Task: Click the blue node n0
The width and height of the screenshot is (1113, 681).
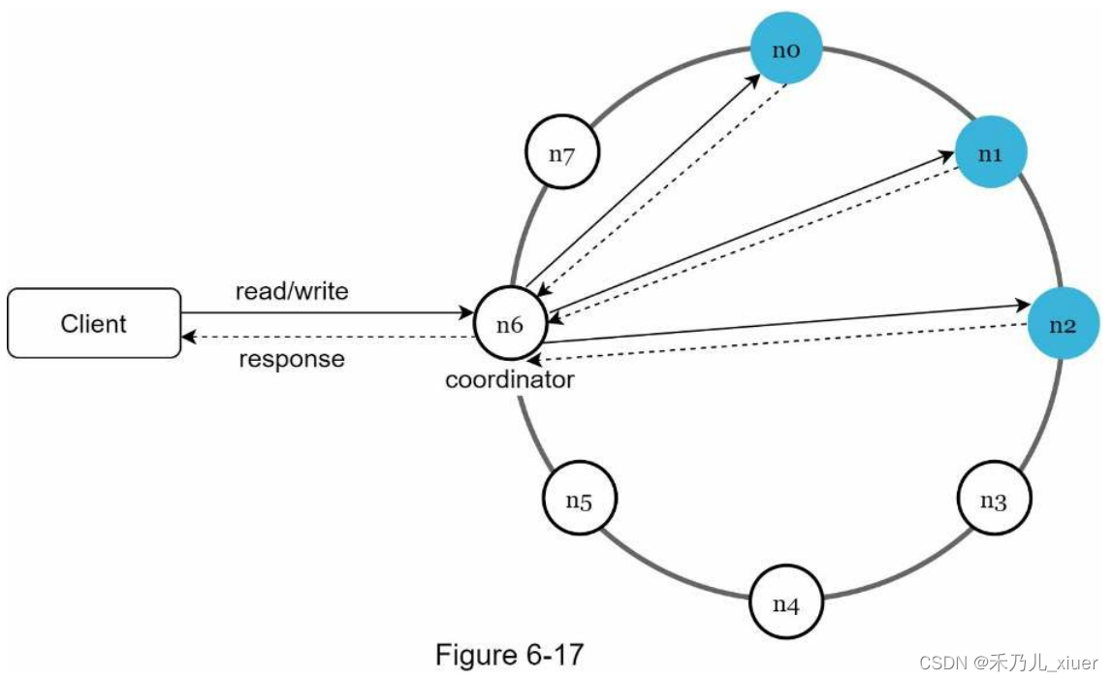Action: (x=786, y=49)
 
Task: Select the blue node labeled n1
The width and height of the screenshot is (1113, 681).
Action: (x=990, y=152)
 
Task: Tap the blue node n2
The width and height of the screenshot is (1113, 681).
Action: (x=1064, y=323)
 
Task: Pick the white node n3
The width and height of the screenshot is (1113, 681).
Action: (x=994, y=501)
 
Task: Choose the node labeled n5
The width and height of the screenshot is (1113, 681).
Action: (x=579, y=501)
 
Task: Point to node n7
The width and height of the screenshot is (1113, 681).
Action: (x=561, y=152)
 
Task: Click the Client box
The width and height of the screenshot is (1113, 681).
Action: (x=94, y=323)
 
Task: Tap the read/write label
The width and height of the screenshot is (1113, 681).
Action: (x=292, y=291)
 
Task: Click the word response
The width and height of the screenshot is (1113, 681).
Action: (x=292, y=359)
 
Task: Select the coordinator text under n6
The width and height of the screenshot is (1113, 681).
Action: (x=510, y=379)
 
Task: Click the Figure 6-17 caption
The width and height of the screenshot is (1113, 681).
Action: (x=510, y=655)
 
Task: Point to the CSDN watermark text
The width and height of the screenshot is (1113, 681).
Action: (x=1008, y=664)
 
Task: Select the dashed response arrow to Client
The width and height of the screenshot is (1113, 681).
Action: (x=330, y=337)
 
